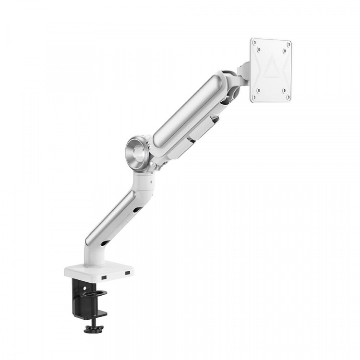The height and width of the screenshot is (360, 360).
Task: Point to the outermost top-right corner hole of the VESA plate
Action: click(289, 43)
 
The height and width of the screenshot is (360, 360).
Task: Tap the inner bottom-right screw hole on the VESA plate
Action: click(283, 90)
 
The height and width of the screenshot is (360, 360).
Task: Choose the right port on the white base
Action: click(127, 273)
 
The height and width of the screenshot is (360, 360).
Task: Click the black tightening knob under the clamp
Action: click(94, 329)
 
